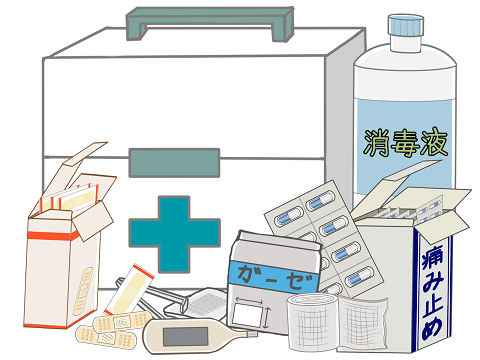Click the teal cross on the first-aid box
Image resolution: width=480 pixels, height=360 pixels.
pos(174,234)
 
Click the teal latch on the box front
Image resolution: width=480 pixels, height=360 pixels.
pos(174,163)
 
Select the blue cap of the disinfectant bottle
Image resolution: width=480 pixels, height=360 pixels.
pos(406,26)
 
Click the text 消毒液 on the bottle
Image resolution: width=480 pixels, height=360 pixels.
pos(405,143)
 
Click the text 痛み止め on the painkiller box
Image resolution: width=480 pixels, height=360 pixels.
pos(432,293)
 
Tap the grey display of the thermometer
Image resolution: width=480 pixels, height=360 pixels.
pos(185,336)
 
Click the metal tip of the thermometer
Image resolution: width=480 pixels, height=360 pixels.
pos(253,334)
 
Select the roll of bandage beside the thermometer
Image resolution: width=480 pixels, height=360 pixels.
pos(313,322)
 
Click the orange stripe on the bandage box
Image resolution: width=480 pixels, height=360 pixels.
pos(53,236)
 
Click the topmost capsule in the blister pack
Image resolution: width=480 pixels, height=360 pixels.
pos(320,201)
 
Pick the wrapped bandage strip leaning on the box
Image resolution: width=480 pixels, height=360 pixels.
pos(129,290)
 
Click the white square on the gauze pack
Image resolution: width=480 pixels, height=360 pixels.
pos(247,314)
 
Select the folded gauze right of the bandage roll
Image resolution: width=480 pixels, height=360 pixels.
pos(363,323)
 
